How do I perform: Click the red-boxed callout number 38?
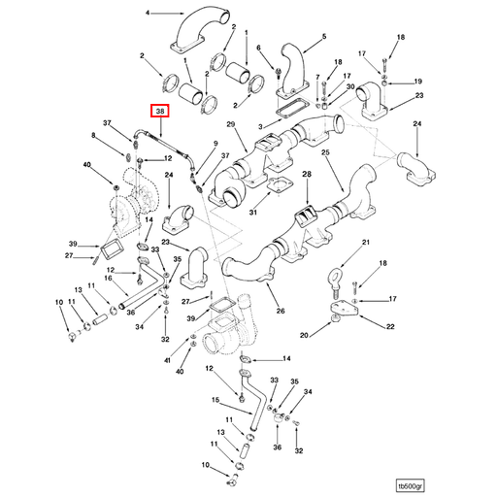[160, 112]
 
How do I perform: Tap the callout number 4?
[148, 13]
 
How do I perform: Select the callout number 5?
[324, 37]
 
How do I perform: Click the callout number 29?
[230, 124]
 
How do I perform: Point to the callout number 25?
[325, 152]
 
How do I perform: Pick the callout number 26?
[281, 311]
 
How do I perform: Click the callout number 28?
[307, 175]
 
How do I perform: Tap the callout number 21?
[366, 242]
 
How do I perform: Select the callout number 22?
[390, 326]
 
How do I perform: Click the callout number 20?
[304, 335]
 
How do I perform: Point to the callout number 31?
[253, 213]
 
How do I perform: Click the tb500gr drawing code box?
[411, 485]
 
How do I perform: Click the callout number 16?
[108, 279]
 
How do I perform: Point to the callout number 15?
[215, 400]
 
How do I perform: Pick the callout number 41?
[167, 360]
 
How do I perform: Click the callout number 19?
[418, 82]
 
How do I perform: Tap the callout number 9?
[215, 144]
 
